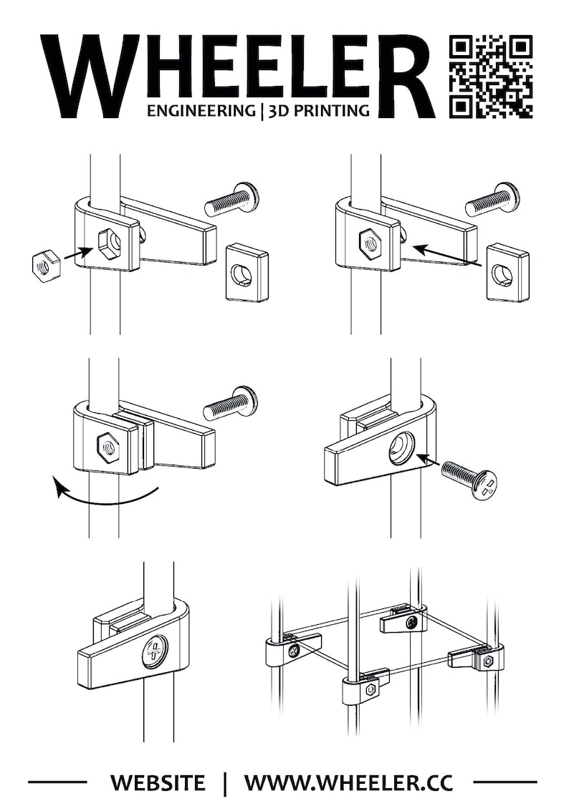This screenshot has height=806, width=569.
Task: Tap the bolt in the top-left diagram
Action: click(x=231, y=200)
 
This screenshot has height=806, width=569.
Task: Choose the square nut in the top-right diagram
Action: click(x=508, y=272)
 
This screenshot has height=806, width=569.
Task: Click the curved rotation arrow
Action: click(x=104, y=496)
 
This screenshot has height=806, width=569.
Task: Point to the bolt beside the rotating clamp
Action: click(x=230, y=404)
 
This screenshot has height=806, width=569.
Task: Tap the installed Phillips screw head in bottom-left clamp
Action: click(x=153, y=652)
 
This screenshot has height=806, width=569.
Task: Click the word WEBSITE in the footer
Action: click(x=158, y=782)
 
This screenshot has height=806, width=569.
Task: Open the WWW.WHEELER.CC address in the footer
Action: click(x=348, y=782)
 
